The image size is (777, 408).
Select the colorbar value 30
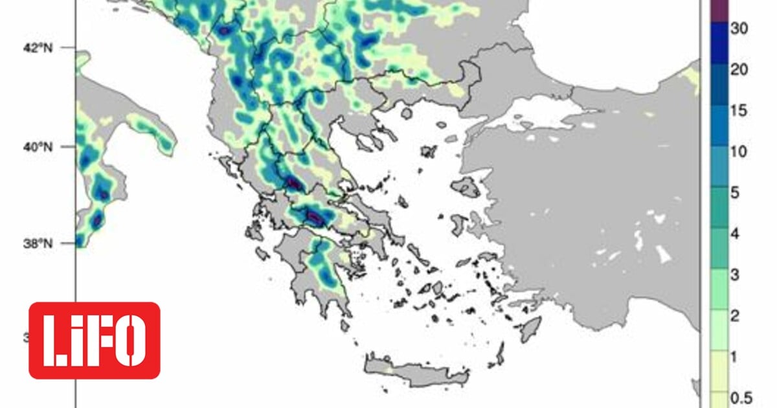pos(739,30)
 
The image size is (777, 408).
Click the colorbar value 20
pos(739,70)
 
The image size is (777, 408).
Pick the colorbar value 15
pos(739,111)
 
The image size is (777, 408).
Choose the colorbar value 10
pos(739,152)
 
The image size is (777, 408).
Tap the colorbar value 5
pos(735,192)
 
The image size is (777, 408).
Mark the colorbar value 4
pos(735,233)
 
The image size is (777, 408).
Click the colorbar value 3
pos(735,274)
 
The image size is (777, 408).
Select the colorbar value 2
pos(735,315)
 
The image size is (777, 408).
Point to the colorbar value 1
pos(735,356)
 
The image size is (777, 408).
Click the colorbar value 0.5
pos(739,396)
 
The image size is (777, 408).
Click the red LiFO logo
pos(95,340)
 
